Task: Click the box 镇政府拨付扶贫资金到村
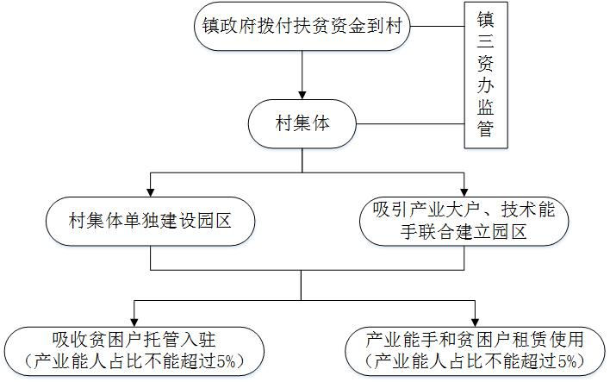(302, 27)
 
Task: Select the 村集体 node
(302, 125)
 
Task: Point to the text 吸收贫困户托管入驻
(133, 339)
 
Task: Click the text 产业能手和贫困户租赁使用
(475, 339)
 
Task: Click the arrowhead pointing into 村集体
(302, 94)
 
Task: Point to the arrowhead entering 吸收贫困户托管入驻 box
(134, 317)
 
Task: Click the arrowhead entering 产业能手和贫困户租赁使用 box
(475, 317)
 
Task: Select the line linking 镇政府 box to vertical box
(438, 27)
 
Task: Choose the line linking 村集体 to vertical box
(408, 126)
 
